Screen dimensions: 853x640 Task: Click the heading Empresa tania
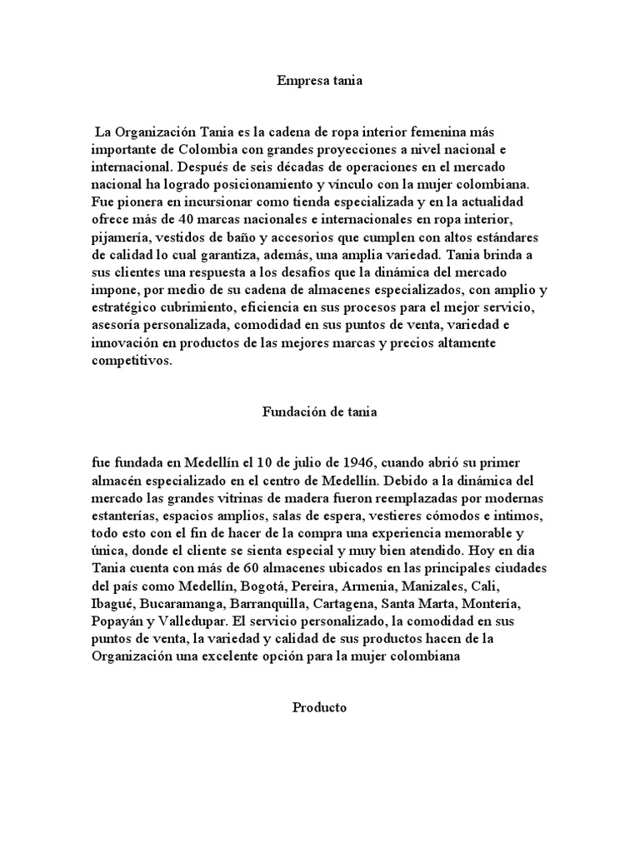click(319, 82)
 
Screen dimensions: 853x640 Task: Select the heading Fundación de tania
click(319, 411)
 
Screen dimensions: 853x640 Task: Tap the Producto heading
click(319, 708)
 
